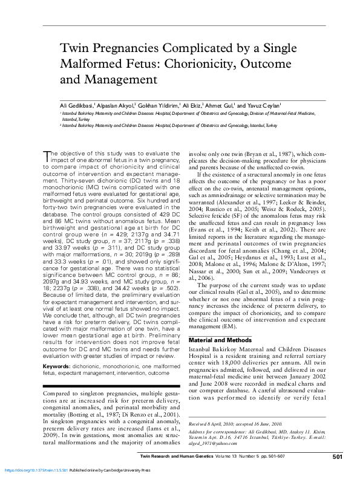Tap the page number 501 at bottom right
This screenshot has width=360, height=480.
point(338,456)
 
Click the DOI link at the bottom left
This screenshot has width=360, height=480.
point(27,469)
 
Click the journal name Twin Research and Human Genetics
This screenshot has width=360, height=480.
point(192,456)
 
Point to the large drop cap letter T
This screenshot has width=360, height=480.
point(47,156)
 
